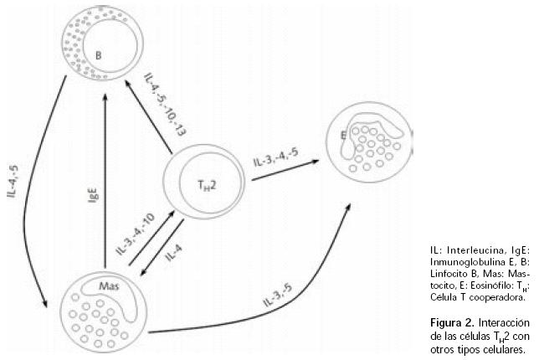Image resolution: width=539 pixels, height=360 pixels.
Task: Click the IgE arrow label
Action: point(94,198)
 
